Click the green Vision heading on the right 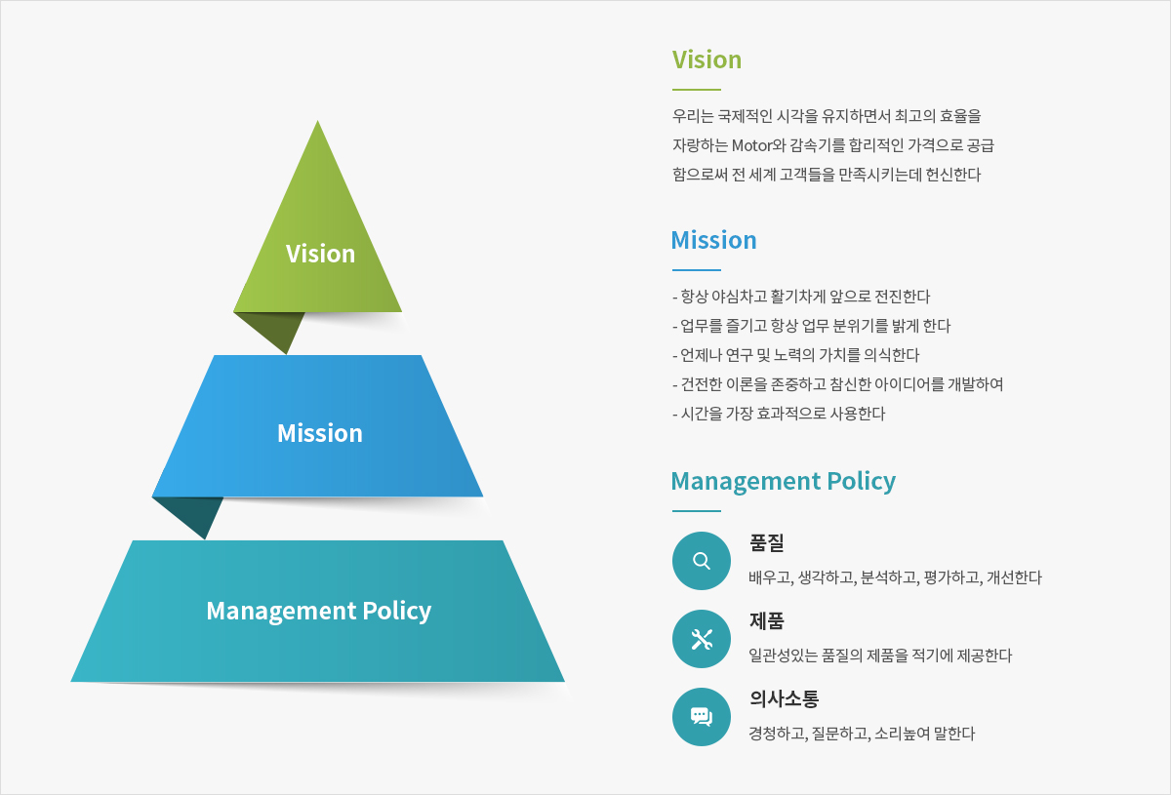pyautogui.click(x=707, y=60)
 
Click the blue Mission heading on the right pyautogui.click(x=713, y=240)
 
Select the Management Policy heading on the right pyautogui.click(x=783, y=482)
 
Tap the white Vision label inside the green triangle pyautogui.click(x=320, y=254)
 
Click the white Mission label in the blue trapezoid pyautogui.click(x=320, y=433)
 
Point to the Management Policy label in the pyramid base pyautogui.click(x=319, y=611)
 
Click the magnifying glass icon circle pyautogui.click(x=702, y=561)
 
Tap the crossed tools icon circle pyautogui.click(x=702, y=639)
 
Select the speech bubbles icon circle pyautogui.click(x=702, y=717)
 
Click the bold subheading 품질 pyautogui.click(x=767, y=542)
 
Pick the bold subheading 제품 pyautogui.click(x=767, y=621)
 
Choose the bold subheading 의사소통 pyautogui.click(x=785, y=698)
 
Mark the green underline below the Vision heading pyautogui.click(x=697, y=90)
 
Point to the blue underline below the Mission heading pyautogui.click(x=697, y=270)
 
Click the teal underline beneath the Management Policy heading pyautogui.click(x=697, y=511)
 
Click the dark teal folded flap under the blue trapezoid pyautogui.click(x=193, y=512)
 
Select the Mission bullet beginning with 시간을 pyautogui.click(x=779, y=414)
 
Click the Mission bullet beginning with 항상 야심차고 pyautogui.click(x=801, y=297)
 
